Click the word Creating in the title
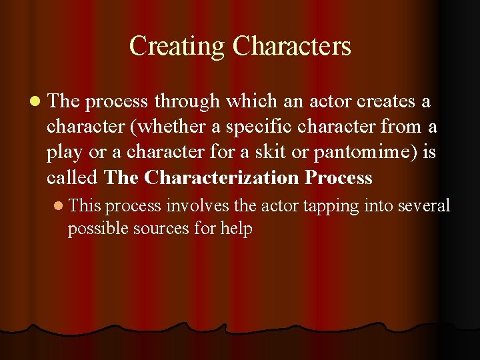(x=177, y=47)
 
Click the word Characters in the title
(x=292, y=45)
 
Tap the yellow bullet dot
(x=35, y=101)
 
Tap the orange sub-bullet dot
(x=58, y=205)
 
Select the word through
(x=187, y=101)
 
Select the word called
(x=72, y=177)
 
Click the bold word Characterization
(x=221, y=177)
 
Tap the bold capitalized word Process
(x=339, y=177)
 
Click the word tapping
(x=331, y=206)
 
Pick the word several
(x=424, y=205)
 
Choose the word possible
(x=97, y=229)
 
